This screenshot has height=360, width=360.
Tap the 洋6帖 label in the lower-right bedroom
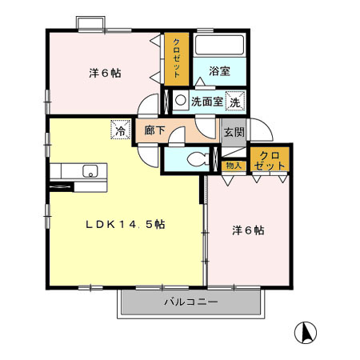(x=248, y=230)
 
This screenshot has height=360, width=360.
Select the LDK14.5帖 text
(x=126, y=225)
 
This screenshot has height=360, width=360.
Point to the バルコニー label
(x=191, y=302)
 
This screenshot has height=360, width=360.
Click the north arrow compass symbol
(x=306, y=330)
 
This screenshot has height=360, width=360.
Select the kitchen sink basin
(x=90, y=170)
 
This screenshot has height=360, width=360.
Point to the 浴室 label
(x=219, y=71)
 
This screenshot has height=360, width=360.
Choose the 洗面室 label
(x=206, y=102)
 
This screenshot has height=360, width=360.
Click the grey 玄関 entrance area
(x=233, y=132)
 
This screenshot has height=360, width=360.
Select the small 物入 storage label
(x=234, y=166)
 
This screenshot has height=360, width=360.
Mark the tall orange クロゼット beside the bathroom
(x=178, y=58)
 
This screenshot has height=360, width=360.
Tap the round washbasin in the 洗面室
(x=181, y=102)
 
